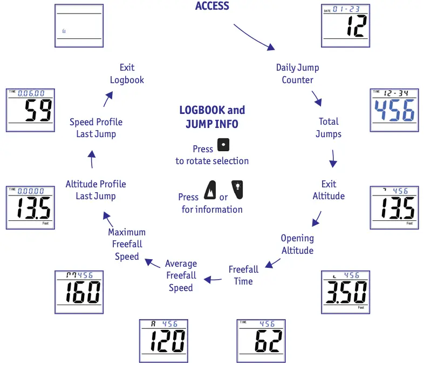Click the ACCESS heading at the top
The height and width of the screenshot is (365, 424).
212,6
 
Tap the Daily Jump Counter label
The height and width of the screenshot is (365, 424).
297,74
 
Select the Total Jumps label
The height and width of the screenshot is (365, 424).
328,127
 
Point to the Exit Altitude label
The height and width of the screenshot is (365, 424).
329,190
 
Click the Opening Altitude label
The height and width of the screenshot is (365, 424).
297,244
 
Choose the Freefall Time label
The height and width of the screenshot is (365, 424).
243,275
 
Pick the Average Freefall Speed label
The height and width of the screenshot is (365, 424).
181,275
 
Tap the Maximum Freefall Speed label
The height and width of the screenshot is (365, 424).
127,244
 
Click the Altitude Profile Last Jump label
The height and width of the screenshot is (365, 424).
95,190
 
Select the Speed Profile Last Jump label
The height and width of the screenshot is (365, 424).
95,127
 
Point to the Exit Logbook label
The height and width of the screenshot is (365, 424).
127,74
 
